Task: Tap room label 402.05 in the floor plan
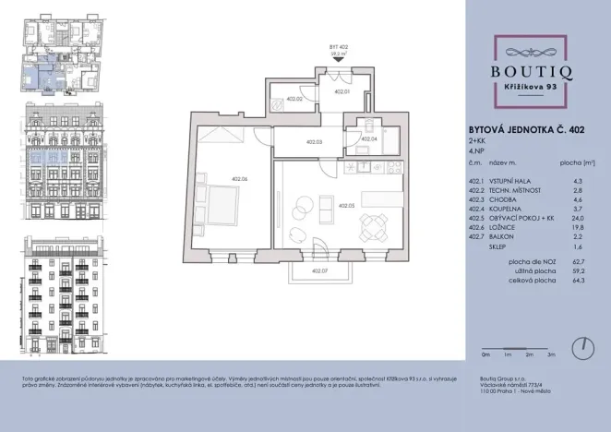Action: click(346, 206)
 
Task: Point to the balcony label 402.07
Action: click(319, 270)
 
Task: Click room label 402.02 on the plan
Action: click(294, 99)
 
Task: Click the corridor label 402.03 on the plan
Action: click(313, 142)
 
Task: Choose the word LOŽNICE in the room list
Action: click(501, 229)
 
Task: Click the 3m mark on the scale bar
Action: click(551, 354)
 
